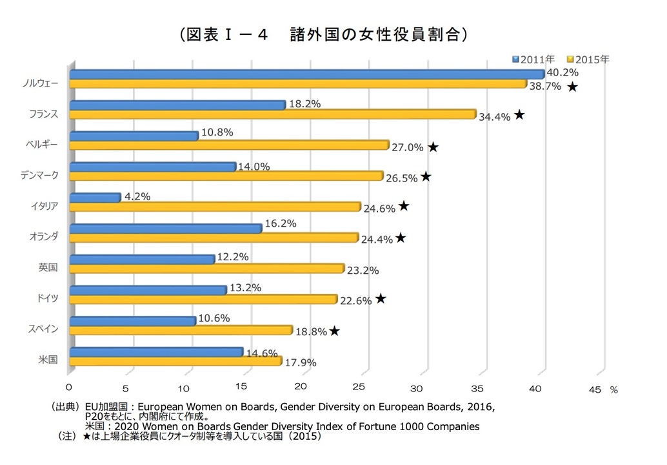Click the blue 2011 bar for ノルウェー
306,74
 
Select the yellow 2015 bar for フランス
271,114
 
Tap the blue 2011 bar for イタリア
94,198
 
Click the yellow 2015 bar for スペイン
180,330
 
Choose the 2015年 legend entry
588,59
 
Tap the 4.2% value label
137,196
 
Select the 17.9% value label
301,363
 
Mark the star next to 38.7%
572,87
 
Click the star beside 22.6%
381,298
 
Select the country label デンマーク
39,175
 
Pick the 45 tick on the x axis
594,389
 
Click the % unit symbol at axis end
613,390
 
